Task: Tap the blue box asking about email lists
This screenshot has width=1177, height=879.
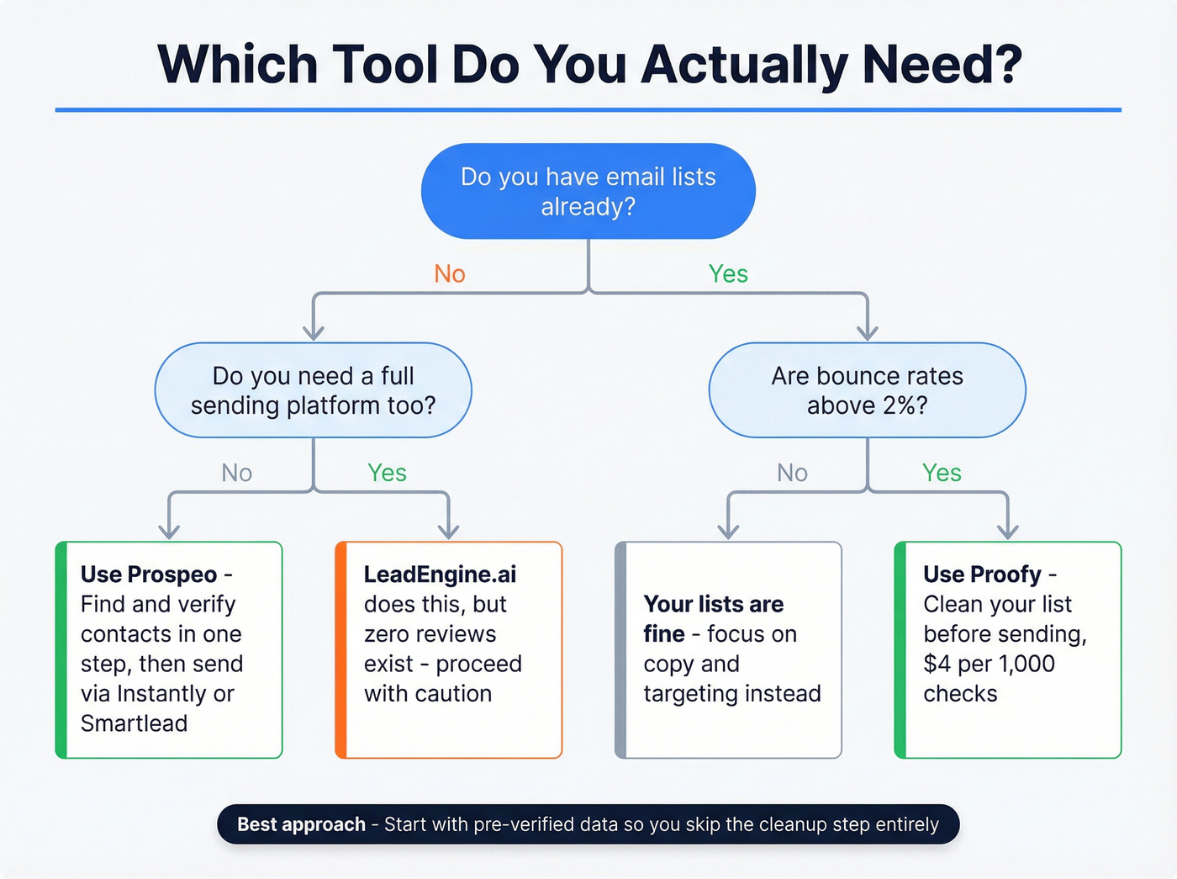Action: (x=588, y=191)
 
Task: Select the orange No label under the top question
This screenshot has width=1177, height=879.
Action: (x=450, y=273)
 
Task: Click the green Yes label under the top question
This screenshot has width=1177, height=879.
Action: (x=728, y=273)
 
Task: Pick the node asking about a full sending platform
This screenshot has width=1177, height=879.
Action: (x=313, y=390)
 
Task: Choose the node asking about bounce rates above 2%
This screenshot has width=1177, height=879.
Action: (x=867, y=390)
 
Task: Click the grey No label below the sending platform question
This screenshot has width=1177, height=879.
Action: (x=237, y=473)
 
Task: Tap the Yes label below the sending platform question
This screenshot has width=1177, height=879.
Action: (x=387, y=473)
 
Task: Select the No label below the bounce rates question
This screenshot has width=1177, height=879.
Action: (x=792, y=473)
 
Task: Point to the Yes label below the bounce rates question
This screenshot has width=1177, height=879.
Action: (x=942, y=473)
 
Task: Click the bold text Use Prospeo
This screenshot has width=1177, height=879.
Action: (x=149, y=575)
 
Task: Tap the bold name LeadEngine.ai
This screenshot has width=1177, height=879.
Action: (x=440, y=575)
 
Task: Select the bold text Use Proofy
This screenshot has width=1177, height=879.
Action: (x=982, y=575)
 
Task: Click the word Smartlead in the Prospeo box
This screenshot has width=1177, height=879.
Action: (x=134, y=723)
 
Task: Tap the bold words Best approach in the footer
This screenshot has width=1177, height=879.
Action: (x=301, y=824)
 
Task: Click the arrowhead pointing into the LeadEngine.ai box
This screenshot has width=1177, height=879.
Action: (x=449, y=532)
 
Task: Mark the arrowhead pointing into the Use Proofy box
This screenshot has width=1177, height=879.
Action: (x=1008, y=532)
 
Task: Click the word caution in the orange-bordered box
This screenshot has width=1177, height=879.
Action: (x=453, y=694)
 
